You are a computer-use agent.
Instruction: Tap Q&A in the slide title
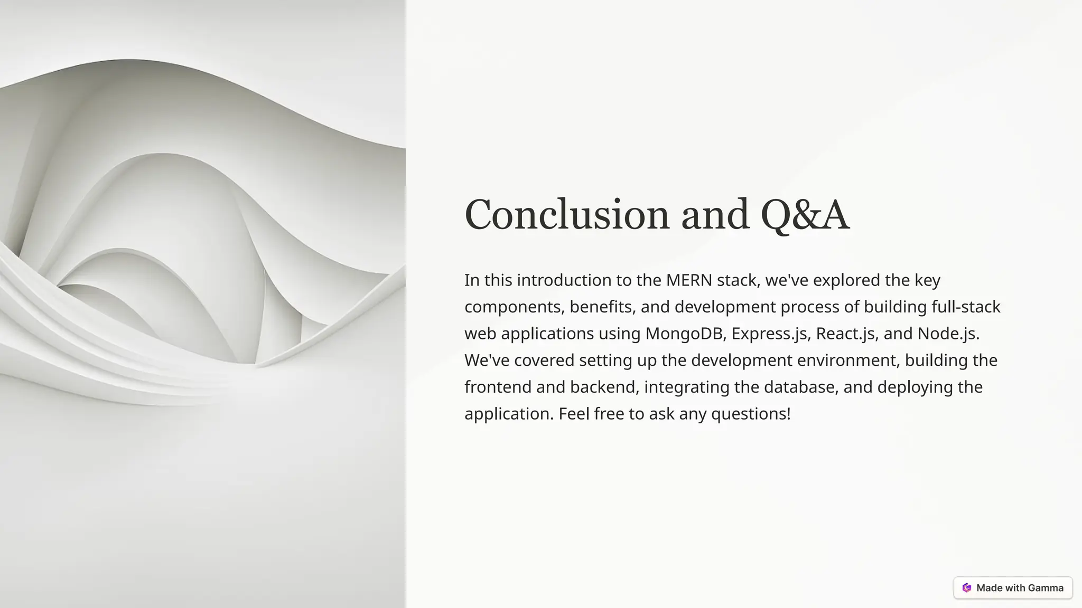click(x=805, y=214)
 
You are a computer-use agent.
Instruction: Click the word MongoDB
click(x=686, y=334)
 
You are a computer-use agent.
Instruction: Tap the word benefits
click(x=602, y=307)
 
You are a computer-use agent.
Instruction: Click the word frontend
click(x=498, y=387)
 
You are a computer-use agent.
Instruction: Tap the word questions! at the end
click(x=751, y=414)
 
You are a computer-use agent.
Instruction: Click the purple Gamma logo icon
click(x=967, y=588)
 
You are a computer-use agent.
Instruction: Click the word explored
click(x=846, y=280)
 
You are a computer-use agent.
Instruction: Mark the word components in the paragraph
click(x=514, y=307)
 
